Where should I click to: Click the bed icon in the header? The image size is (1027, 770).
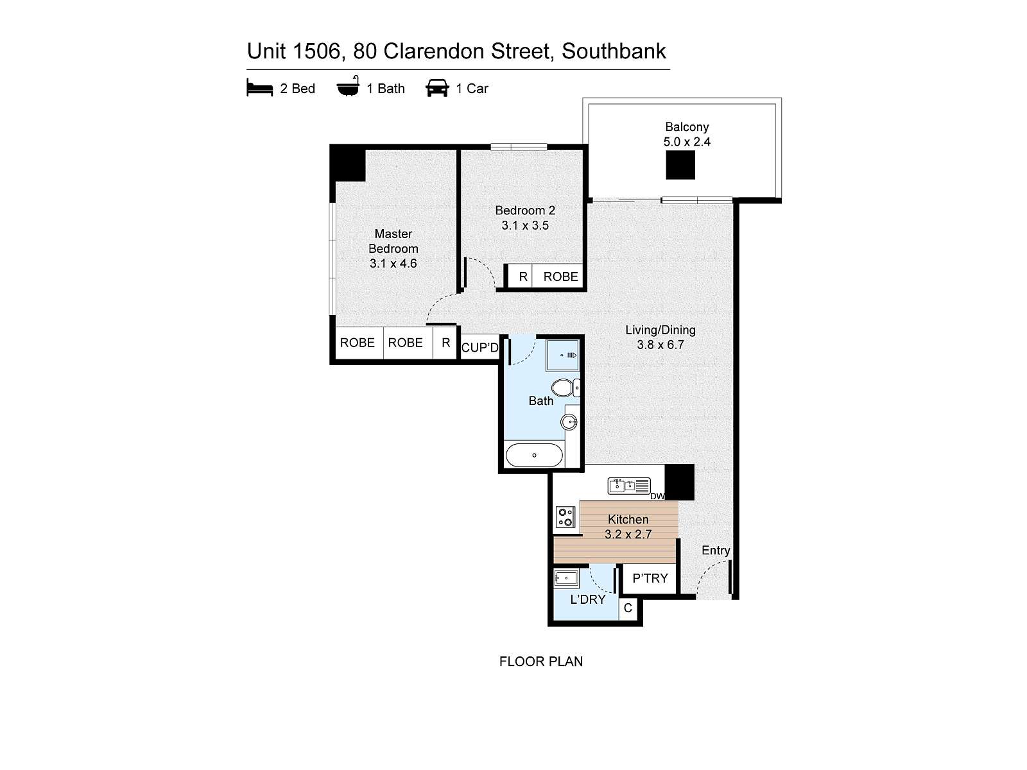pos(259,88)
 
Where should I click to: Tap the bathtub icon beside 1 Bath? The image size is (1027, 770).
pos(348,87)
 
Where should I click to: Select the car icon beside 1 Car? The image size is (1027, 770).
pos(437,88)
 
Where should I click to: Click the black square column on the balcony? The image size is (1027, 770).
pos(680,165)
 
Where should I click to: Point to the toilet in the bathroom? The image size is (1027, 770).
pos(563,388)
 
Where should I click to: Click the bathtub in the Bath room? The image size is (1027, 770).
pos(534,456)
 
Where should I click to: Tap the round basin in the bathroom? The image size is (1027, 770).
pos(569,422)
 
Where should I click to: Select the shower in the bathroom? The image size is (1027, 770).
pos(562,355)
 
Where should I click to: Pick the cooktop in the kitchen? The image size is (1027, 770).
pos(565,517)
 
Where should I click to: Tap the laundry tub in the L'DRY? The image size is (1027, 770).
pos(566,578)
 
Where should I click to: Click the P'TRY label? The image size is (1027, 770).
pos(650,578)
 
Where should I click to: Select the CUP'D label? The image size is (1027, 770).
pos(479,348)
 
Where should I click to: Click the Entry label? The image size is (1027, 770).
pos(716,551)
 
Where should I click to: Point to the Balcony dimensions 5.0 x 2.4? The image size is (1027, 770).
pos(687,142)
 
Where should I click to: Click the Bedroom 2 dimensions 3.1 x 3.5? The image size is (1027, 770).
pos(525,225)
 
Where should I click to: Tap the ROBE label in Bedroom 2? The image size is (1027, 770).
pos(560,277)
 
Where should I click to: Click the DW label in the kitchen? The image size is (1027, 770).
pos(657,496)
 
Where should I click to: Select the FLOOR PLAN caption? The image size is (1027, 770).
pos(541,662)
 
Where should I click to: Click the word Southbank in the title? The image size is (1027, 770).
pos(614,51)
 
